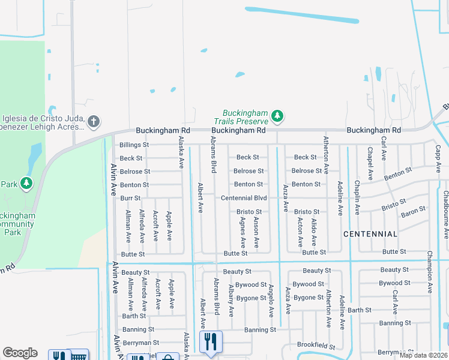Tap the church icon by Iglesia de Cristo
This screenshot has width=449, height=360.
point(93,122)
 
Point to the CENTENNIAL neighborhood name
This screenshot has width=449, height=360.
point(370,234)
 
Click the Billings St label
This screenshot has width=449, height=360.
point(134,145)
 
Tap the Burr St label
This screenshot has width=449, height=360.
point(130,198)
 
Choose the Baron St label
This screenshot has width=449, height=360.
point(413,211)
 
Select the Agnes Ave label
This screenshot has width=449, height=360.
point(243,233)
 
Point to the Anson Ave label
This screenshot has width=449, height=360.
point(256,233)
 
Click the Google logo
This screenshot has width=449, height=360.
point(20,353)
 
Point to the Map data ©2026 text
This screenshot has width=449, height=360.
point(423,355)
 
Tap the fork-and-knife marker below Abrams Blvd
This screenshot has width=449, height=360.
point(211,341)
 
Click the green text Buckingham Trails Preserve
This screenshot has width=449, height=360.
point(246,117)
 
